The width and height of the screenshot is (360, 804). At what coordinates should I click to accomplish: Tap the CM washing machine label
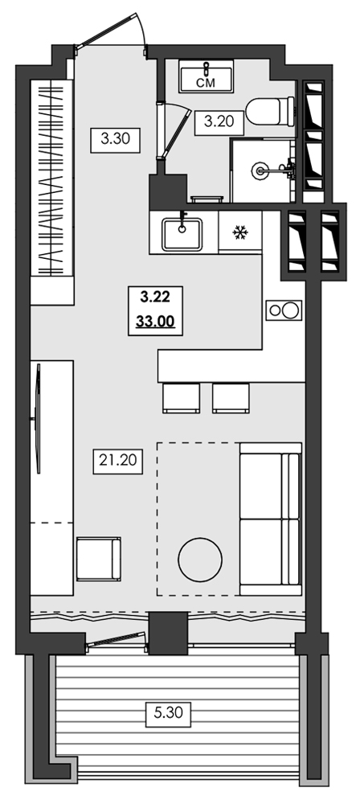[x=206, y=80]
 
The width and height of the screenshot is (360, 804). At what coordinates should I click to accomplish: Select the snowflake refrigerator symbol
[x=239, y=233]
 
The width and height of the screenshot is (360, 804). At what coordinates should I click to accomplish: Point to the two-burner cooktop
[x=283, y=310]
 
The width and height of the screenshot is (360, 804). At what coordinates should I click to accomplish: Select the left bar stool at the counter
[x=180, y=397]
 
